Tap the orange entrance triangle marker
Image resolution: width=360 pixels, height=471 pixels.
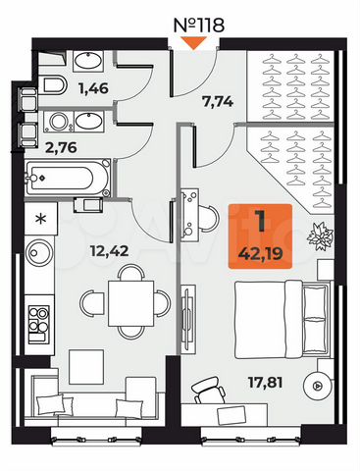tap(196, 43)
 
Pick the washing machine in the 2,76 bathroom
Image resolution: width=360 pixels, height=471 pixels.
tap(60, 124)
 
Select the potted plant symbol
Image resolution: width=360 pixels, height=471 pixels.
tap(318, 236)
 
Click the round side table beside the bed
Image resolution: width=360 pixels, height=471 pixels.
tap(317, 388)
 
